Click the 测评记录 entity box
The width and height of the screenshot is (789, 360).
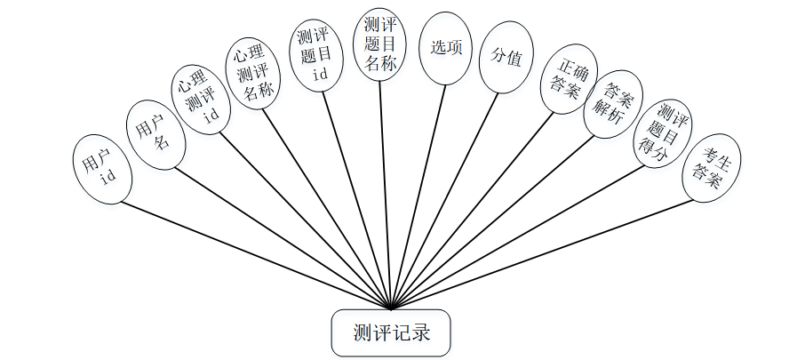coord(391,333)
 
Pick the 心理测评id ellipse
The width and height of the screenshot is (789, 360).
coord(201,100)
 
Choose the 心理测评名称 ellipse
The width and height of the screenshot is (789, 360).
coord(253,74)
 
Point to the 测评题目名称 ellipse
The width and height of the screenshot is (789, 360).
coord(380,44)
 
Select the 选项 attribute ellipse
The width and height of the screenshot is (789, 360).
coord(446,48)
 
